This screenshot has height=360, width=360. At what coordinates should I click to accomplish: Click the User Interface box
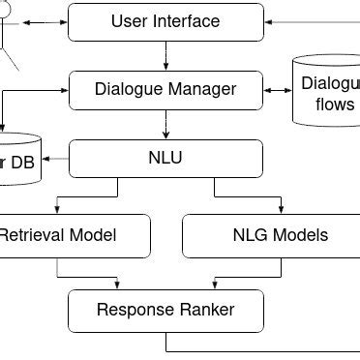click(x=165, y=21)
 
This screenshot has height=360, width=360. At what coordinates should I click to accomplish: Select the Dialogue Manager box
click(x=165, y=89)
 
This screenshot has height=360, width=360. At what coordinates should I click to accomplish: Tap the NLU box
click(x=165, y=157)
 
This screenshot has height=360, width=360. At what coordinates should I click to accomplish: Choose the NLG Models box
click(x=281, y=235)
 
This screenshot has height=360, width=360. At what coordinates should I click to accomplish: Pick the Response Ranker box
click(x=165, y=310)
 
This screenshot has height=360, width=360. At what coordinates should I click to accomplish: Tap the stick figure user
click(x=8, y=29)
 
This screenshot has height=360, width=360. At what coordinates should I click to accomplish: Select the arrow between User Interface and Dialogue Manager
click(x=165, y=55)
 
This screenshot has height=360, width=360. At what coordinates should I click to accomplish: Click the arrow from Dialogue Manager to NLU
click(x=165, y=123)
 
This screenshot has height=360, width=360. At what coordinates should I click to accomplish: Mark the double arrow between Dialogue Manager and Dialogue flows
click(x=277, y=89)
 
